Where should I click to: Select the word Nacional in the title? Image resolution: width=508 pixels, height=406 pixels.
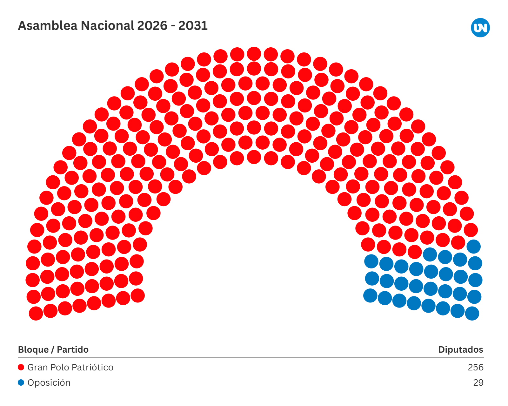click(108, 26)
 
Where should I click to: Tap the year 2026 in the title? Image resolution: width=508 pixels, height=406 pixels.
click(152, 26)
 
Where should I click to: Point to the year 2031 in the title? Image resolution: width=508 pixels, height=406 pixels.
click(193, 26)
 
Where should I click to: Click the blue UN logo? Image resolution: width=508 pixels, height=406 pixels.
click(480, 28)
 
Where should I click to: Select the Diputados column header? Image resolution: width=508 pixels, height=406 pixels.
click(460, 349)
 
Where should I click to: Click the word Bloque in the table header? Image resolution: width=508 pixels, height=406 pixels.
click(33, 349)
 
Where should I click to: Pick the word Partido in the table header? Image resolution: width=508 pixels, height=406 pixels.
click(73, 349)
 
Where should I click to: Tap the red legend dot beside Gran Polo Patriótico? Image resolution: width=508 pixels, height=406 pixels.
click(21, 367)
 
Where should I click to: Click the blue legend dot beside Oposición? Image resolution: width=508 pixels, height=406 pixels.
click(21, 382)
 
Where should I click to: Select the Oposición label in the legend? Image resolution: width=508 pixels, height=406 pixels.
click(49, 382)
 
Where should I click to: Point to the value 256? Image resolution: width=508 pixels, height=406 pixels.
click(475, 367)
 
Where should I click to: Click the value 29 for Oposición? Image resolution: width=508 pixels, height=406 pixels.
click(478, 382)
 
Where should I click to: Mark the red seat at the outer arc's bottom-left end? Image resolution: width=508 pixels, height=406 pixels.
click(36, 314)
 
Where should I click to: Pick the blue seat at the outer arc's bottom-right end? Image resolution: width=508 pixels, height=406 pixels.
click(472, 314)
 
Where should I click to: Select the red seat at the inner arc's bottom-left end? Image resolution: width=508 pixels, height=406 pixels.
click(138, 295)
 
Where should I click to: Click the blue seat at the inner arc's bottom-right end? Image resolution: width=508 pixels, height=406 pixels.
click(370, 295)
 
